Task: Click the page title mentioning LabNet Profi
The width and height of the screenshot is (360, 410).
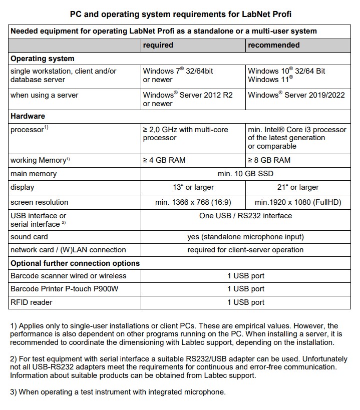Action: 180,14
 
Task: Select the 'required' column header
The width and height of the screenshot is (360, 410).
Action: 158,45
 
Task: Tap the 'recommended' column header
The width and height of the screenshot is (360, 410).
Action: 273,45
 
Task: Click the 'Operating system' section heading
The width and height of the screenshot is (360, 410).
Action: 43,59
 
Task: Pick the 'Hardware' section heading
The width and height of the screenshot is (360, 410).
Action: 28,116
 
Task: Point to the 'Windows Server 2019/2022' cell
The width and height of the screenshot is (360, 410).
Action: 296,95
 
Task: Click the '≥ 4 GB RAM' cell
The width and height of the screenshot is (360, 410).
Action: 166,160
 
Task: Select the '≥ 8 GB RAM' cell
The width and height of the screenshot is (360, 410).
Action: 269,160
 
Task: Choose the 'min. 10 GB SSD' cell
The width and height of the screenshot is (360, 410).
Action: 245,174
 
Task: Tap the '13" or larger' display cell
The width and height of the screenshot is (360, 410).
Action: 193,187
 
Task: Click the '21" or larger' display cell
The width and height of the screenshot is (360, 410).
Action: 297,187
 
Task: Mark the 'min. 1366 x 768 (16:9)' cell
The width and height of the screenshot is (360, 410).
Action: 193,202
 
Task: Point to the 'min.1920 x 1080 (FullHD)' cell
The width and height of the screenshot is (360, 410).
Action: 297,202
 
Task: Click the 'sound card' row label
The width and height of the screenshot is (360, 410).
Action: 30,237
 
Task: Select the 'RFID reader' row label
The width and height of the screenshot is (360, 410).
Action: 32,302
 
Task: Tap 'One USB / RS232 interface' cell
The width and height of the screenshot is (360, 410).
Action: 245,216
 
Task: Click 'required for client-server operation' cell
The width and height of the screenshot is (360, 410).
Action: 245,250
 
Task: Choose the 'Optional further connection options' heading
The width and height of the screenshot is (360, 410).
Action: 75,263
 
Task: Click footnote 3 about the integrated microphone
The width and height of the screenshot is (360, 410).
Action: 118,392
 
